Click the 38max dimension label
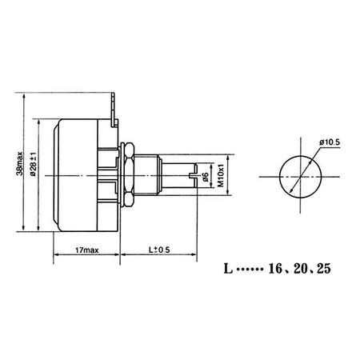pyautogui.click(x=19, y=170)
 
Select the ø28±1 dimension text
pyautogui.click(x=31, y=170)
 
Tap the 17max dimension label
pyautogui.click(x=86, y=250)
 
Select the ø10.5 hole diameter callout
pyautogui.click(x=330, y=142)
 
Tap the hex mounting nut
pyautogui.click(x=126, y=174)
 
